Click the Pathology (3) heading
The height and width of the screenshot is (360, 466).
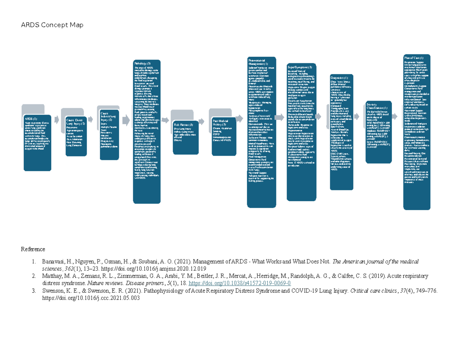click(143, 63)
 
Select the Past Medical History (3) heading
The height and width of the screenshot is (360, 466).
click(222, 123)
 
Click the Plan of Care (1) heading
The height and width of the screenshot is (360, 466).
click(416, 57)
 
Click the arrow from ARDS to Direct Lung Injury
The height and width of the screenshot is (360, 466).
click(57, 120)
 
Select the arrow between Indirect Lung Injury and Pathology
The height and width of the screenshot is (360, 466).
click(126, 121)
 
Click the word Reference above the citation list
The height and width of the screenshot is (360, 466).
click(33, 249)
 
